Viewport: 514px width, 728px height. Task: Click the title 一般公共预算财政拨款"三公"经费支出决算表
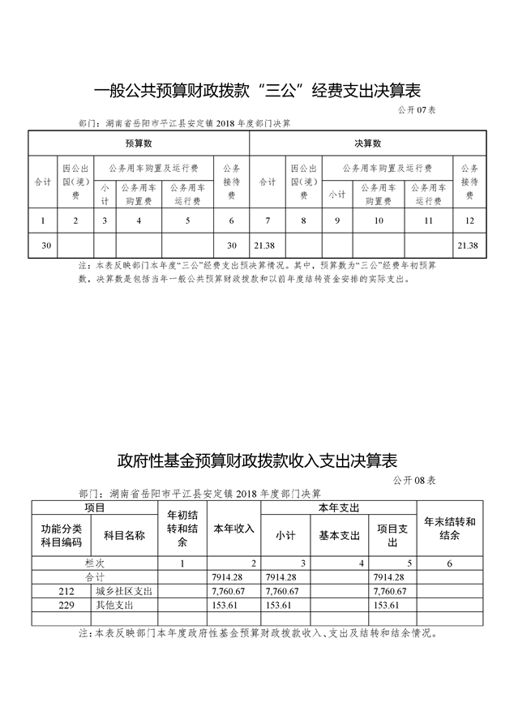tap(257, 89)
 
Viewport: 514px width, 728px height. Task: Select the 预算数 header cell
tap(139, 143)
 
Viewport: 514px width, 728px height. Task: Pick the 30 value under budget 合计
tap(45, 245)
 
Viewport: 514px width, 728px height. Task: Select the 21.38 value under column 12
tap(469, 245)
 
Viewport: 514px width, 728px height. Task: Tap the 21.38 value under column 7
tap(264, 245)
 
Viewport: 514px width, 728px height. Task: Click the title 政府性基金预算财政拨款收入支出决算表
tap(257, 460)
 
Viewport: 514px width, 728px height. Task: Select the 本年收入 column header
tap(233, 529)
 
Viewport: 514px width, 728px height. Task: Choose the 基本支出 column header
tap(339, 535)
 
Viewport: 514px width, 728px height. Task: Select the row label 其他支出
tap(113, 605)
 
